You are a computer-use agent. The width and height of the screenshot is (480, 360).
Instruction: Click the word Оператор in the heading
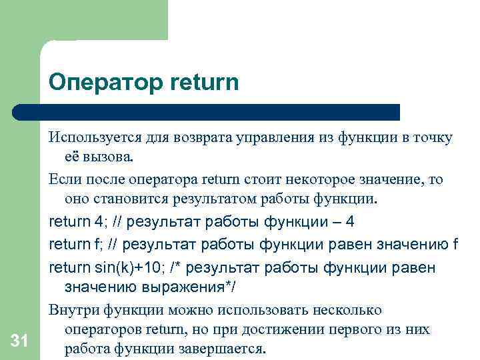point(106,83)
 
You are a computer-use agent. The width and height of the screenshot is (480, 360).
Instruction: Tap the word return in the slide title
point(205,83)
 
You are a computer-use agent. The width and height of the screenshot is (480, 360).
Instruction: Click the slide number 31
point(20,341)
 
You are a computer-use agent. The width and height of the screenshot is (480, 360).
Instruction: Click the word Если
point(62,180)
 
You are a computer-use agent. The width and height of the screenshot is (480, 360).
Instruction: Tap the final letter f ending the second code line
point(455,244)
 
